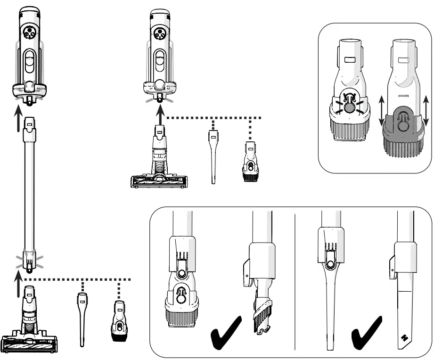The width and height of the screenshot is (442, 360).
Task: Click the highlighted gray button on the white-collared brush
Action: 349,108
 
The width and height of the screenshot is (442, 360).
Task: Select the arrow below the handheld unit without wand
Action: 160,115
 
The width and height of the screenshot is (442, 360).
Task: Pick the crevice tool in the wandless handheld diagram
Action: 213,157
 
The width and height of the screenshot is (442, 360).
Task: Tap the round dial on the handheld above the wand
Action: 29,34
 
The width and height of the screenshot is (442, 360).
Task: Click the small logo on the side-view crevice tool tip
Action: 403,337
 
